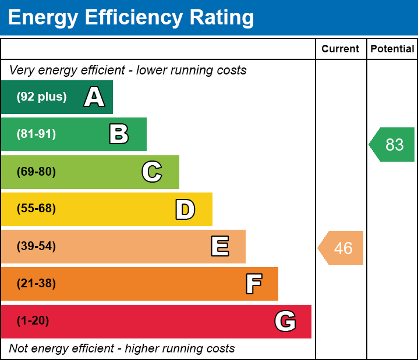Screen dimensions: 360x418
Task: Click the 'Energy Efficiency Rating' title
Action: pyautogui.click(x=131, y=17)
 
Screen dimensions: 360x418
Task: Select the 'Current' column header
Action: pyautogui.click(x=341, y=49)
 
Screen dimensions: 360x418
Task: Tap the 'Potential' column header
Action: pyautogui.click(x=392, y=49)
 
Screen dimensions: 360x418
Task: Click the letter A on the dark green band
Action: pyautogui.click(x=94, y=97)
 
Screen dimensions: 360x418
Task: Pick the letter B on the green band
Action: pyautogui.click(x=119, y=134)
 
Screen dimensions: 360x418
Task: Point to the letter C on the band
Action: pyautogui.click(x=152, y=172)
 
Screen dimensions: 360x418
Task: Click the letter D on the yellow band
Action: pyautogui.click(x=185, y=209)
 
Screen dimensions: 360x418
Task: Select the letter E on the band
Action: pyautogui.click(x=219, y=247)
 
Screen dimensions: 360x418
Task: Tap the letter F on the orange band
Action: pyautogui.click(x=253, y=284)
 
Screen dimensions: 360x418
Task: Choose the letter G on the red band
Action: pyautogui.click(x=285, y=321)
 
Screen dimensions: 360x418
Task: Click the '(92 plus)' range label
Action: pyautogui.click(x=41, y=97)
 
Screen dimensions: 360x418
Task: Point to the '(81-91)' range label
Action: pyautogui.click(x=36, y=134)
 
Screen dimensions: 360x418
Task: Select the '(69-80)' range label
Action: pyautogui.click(x=36, y=172)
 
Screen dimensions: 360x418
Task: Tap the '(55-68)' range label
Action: pyautogui.click(x=36, y=209)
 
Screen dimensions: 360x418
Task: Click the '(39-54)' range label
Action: pyautogui.click(x=36, y=247)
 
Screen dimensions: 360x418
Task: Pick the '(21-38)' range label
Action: pyautogui.click(x=36, y=284)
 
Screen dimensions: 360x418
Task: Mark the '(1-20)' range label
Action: pyautogui.click(x=33, y=321)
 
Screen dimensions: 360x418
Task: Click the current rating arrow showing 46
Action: pyautogui.click(x=342, y=248)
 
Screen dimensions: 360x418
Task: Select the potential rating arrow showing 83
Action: pyautogui.click(x=393, y=144)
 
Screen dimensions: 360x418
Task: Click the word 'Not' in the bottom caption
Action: pyautogui.click(x=19, y=349)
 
